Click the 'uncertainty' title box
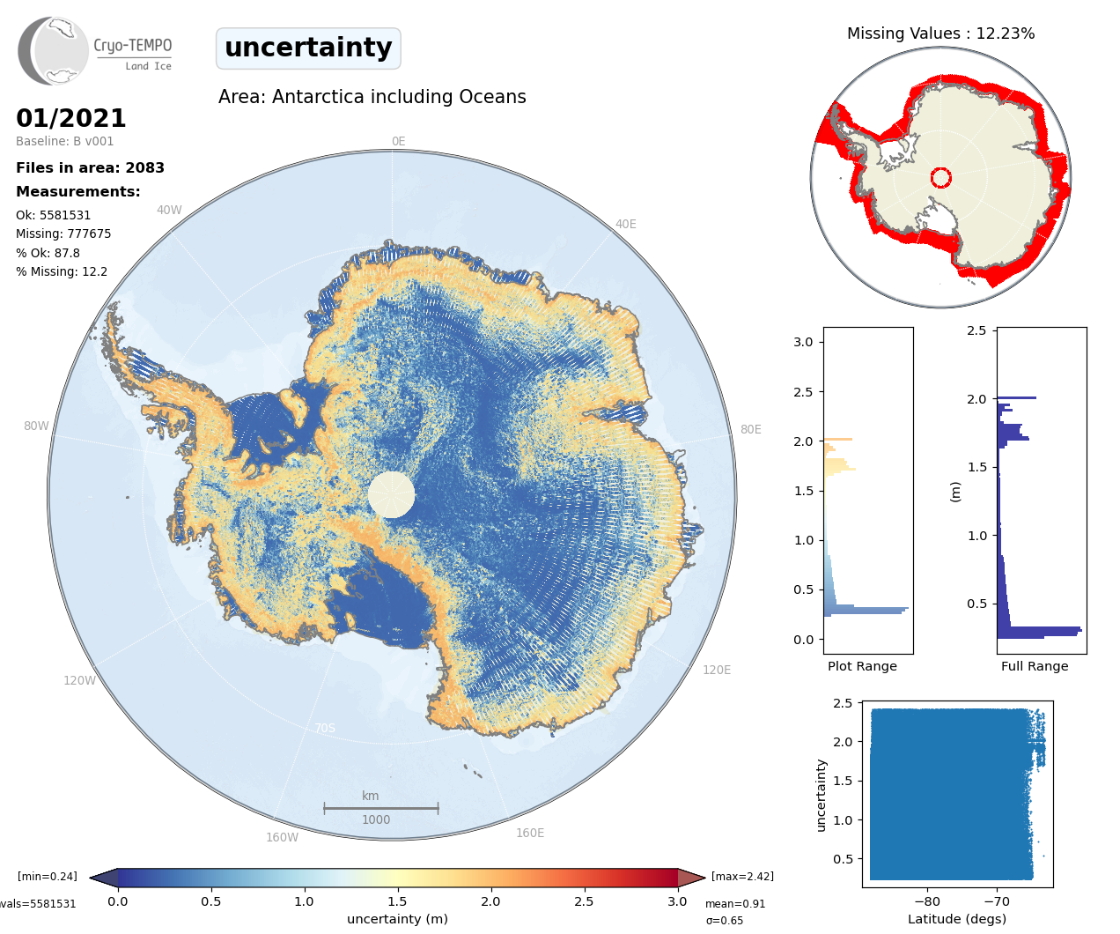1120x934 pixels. click(x=308, y=48)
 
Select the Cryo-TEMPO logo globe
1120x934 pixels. click(x=55, y=51)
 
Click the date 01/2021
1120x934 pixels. click(x=71, y=118)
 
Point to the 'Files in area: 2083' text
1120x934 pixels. click(x=90, y=167)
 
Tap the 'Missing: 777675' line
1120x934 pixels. click(x=63, y=233)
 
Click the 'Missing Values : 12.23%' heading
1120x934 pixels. click(x=940, y=33)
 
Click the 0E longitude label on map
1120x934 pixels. click(x=398, y=141)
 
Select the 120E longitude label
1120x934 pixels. click(x=717, y=670)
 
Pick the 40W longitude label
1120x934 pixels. click(x=169, y=210)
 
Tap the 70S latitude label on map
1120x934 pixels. click(x=325, y=728)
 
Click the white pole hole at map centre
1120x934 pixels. click(x=391, y=494)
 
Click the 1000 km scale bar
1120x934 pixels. click(x=380, y=807)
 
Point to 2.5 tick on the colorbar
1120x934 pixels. click(x=584, y=901)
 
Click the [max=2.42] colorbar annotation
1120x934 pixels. click(x=742, y=876)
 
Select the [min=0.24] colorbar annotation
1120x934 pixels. click(x=48, y=876)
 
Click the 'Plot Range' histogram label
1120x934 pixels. click(x=862, y=666)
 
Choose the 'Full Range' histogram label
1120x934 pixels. click(x=1035, y=666)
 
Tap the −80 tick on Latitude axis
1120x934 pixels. click(x=927, y=901)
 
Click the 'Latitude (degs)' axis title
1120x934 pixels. click(x=957, y=919)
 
